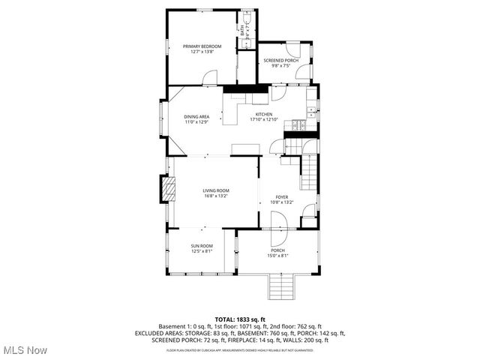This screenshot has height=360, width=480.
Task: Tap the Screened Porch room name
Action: [281, 60]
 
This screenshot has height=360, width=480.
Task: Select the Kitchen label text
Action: [264, 114]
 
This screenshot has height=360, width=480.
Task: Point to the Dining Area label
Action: [196, 116]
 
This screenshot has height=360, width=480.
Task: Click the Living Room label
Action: [215, 190]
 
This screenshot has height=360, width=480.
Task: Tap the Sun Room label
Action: [201, 246]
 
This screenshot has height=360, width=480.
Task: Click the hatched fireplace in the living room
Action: [169, 190]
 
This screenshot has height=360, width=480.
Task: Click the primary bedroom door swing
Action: [211, 77]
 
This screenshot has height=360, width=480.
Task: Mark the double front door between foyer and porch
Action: [277, 223]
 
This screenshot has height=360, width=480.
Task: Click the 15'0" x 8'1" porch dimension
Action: [277, 256]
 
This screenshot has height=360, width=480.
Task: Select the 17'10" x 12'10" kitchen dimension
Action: [264, 119]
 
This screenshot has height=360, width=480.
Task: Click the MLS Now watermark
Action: [25, 350]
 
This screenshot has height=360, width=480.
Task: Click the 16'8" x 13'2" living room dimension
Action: [215, 196]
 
